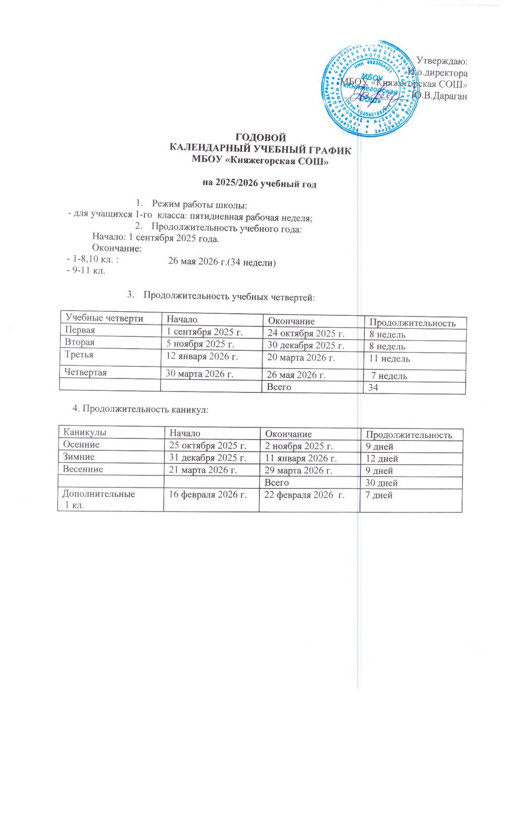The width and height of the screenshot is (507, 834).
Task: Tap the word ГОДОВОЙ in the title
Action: click(261, 138)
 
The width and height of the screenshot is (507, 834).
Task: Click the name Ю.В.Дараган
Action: click(439, 96)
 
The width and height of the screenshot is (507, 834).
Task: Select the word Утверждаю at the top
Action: click(442, 62)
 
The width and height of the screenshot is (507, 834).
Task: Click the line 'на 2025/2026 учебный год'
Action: click(259, 183)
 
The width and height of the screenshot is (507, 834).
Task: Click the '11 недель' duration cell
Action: click(389, 359)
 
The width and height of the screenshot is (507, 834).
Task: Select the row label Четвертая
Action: click(86, 372)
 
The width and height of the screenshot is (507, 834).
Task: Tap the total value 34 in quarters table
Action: click(373, 387)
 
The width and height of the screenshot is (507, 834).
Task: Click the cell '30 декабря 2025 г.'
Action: click(306, 346)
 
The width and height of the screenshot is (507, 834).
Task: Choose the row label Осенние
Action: click(81, 445)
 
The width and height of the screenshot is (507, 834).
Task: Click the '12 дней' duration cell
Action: click(381, 459)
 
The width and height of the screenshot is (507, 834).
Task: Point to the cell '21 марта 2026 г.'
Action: click(203, 470)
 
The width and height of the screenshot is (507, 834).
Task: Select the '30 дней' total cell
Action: click(381, 483)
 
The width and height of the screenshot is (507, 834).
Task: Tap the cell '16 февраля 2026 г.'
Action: click(207, 495)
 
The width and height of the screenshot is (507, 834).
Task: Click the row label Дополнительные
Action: click(99, 494)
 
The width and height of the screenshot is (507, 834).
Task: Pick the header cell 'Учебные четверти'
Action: click(104, 318)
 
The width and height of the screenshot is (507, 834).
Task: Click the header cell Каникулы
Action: click(84, 432)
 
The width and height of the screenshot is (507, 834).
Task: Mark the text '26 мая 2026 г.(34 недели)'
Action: click(222, 262)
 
